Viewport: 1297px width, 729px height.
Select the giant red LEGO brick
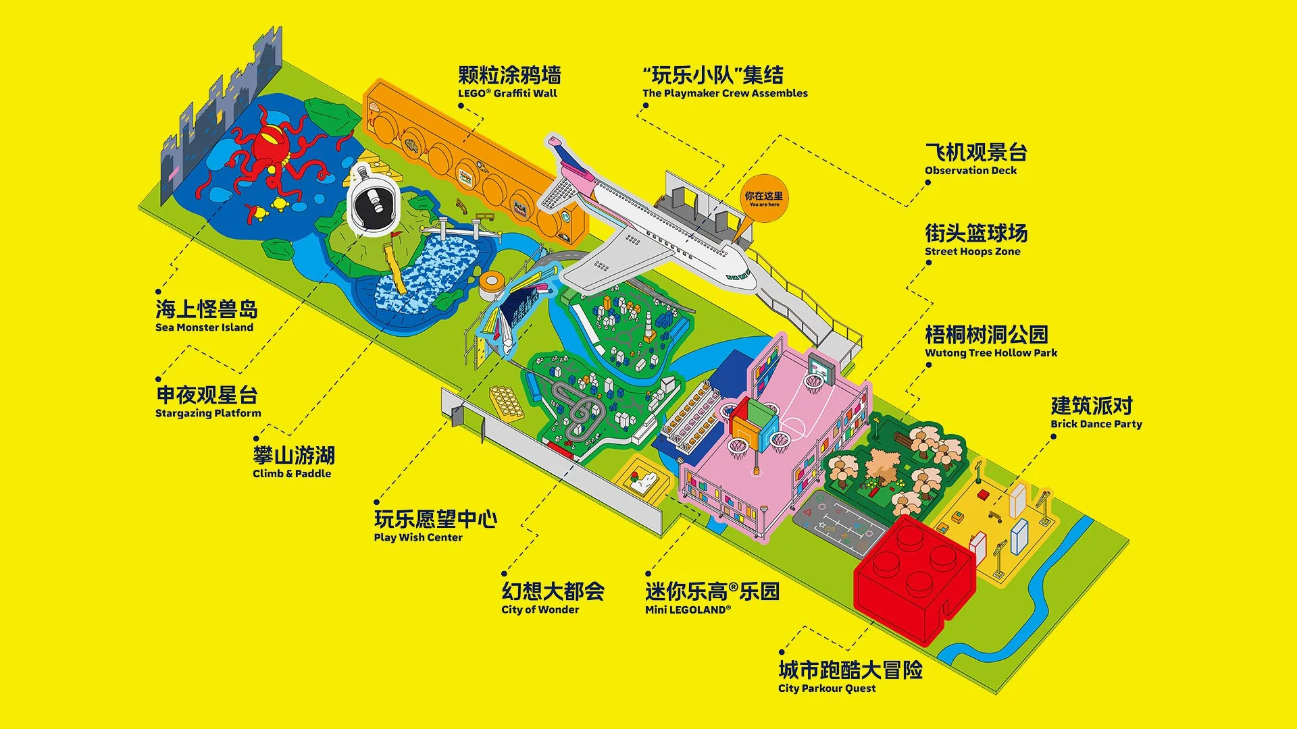tap(912, 577)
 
